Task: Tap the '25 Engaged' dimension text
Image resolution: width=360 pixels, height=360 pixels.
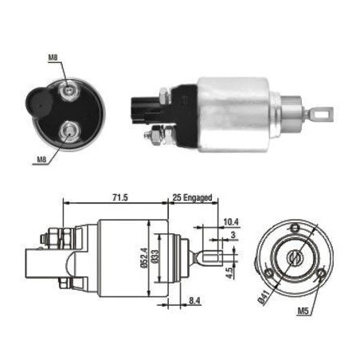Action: [193, 198]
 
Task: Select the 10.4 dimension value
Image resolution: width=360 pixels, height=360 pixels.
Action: [231, 222]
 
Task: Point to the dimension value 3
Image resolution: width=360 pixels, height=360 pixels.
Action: [233, 235]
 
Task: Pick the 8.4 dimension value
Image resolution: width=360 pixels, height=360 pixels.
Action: [194, 300]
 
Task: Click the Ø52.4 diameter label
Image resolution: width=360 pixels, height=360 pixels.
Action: [144, 257]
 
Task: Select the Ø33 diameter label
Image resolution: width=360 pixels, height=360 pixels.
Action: [155, 256]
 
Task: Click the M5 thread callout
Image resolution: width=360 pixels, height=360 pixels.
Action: [303, 311]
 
